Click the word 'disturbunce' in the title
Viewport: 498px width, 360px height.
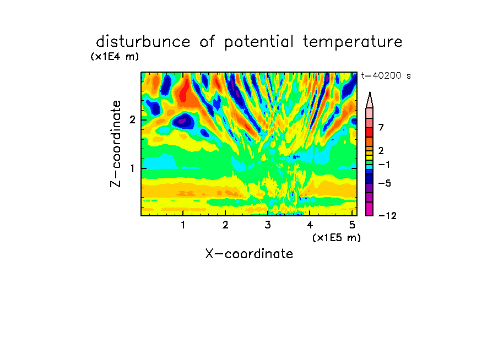click(x=143, y=42)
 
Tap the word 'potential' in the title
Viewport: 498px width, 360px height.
click(x=259, y=42)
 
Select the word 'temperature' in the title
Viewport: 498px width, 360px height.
click(x=353, y=42)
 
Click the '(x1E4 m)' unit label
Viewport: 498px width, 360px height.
click(x=115, y=57)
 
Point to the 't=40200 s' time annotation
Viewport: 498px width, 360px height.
click(x=386, y=75)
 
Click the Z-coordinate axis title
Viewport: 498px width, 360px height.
click(x=116, y=144)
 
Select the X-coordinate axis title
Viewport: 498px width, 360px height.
click(x=249, y=254)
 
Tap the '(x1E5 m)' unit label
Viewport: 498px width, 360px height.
click(x=337, y=238)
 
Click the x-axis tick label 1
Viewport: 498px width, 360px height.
click(x=183, y=225)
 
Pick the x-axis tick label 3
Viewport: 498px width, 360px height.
click(x=268, y=225)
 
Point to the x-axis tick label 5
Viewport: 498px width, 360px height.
click(x=352, y=225)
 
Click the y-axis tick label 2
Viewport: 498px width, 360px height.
click(x=132, y=120)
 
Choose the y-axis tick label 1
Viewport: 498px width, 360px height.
click(x=132, y=168)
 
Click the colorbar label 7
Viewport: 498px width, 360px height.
click(x=381, y=128)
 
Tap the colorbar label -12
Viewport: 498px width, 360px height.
click(x=387, y=216)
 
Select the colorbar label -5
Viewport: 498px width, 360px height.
click(x=385, y=183)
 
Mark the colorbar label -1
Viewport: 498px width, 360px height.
click(x=385, y=165)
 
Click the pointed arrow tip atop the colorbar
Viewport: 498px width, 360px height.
click(x=370, y=92)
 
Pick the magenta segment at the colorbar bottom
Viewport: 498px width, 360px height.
click(x=370, y=209)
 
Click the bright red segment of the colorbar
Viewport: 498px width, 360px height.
click(x=370, y=132)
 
